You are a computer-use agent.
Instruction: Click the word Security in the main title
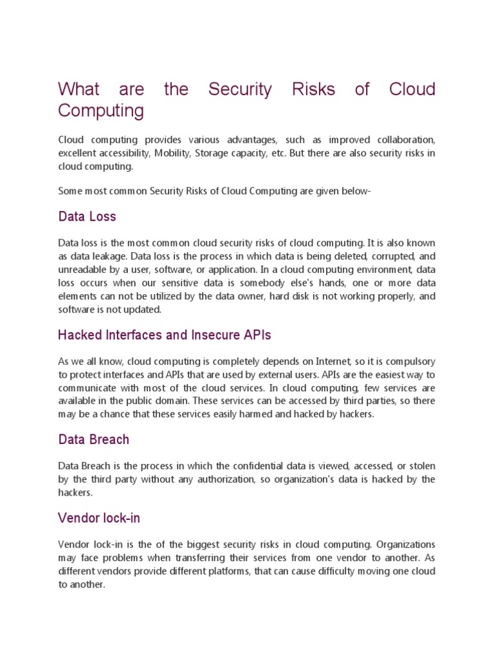tap(240, 89)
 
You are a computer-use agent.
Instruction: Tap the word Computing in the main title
tap(101, 111)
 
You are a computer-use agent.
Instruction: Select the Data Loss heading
tap(87, 217)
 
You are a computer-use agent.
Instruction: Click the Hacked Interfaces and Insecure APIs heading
tap(164, 335)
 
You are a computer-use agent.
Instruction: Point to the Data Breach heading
tap(93, 440)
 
